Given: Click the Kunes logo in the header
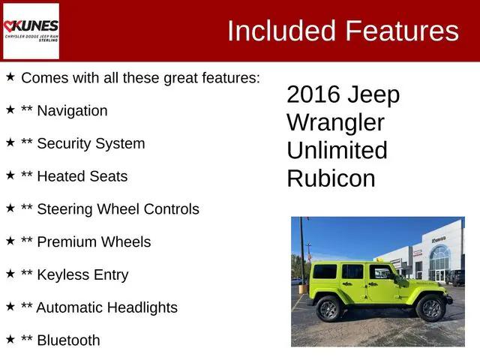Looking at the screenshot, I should [31, 31].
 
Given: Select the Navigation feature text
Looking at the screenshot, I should [72, 111].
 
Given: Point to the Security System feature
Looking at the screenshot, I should [91, 143].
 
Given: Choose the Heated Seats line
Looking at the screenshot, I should [82, 176].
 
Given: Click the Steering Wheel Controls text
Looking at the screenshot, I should [118, 209].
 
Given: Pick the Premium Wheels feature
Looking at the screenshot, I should [94, 242].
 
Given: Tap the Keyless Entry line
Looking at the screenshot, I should [82, 275].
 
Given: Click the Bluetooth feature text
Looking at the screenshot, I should [68, 340].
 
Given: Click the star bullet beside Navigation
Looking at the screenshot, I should [10, 109].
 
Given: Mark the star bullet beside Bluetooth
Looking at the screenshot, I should [10, 339].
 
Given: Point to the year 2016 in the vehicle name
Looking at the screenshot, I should [314, 95].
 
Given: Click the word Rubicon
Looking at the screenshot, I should [331, 178].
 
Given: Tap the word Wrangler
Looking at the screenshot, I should [335, 122].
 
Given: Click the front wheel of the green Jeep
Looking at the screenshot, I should [430, 307].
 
